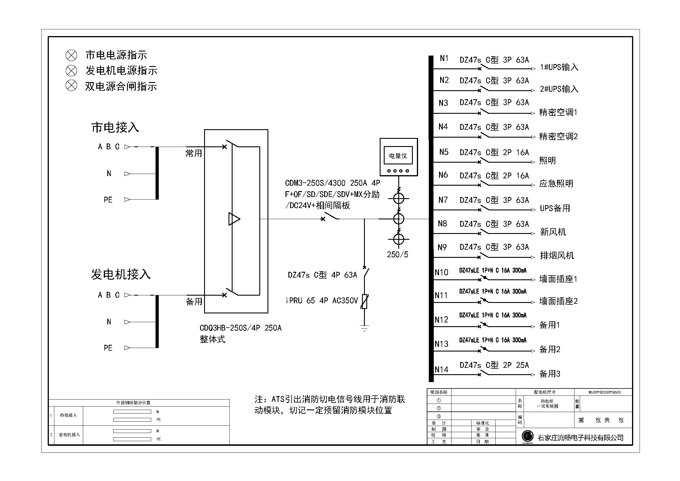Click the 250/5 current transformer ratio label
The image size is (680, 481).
click(x=397, y=255)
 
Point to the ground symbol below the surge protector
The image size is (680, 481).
click(x=364, y=328)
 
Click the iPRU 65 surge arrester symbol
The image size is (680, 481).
click(x=364, y=301)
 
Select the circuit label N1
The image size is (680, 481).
click(x=444, y=58)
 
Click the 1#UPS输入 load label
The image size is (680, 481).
click(x=559, y=67)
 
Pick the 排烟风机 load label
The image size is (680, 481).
click(x=557, y=255)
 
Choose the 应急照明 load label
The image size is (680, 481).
click(x=556, y=184)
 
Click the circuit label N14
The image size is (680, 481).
click(x=441, y=370)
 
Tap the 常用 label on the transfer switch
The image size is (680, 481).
click(x=194, y=153)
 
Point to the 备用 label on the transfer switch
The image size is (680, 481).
click(x=194, y=302)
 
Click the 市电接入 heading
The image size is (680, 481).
click(x=115, y=127)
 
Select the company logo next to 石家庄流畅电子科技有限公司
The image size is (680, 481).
click(x=527, y=436)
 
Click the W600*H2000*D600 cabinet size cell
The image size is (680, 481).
click(x=604, y=392)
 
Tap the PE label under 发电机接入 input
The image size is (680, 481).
click(x=108, y=348)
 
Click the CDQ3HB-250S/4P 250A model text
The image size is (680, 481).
click(x=240, y=328)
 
